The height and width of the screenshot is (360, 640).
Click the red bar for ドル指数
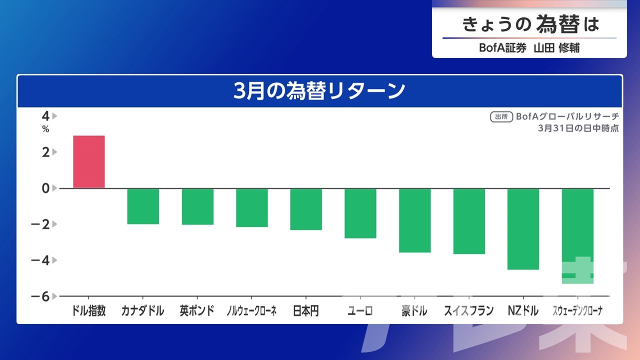click(89, 161)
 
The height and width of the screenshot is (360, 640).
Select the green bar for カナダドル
click(143, 206)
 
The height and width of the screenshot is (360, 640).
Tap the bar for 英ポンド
click(197, 206)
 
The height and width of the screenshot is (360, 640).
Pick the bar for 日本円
click(306, 209)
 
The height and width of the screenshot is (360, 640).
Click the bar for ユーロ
click(360, 213)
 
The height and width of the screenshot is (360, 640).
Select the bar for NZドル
click(523, 229)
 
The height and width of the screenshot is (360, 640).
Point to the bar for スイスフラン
click(469, 221)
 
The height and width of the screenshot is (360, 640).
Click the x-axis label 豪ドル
click(414, 311)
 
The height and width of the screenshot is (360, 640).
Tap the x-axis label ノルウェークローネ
click(251, 311)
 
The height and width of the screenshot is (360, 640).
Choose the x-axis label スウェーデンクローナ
click(577, 311)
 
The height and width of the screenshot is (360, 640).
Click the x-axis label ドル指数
click(89, 311)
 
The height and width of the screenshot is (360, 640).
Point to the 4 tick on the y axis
click(45, 116)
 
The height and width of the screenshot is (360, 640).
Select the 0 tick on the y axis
click(45, 188)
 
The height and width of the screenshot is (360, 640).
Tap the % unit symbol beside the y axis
click(45, 129)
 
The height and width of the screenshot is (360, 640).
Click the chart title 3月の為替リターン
click(319, 91)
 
